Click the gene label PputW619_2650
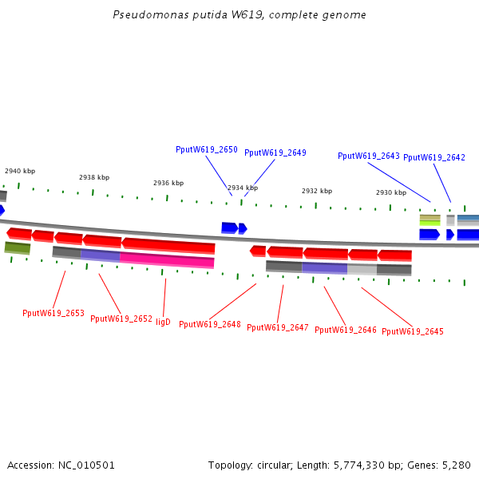click(x=207, y=149)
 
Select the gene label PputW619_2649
click(x=275, y=152)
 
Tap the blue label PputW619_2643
click(x=369, y=156)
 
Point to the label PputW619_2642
click(x=434, y=157)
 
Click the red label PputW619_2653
click(x=53, y=313)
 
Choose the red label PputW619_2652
click(x=121, y=319)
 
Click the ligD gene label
click(x=163, y=322)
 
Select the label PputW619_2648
click(x=210, y=324)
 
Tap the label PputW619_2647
click(x=278, y=327)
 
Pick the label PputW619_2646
click(x=346, y=330)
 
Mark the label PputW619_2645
click(x=413, y=331)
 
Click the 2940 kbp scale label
click(x=20, y=171)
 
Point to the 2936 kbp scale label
click(x=168, y=183)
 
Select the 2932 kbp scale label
click(x=317, y=191)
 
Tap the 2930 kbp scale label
click(x=391, y=192)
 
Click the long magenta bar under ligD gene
click(x=167, y=260)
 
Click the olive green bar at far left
click(x=18, y=247)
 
